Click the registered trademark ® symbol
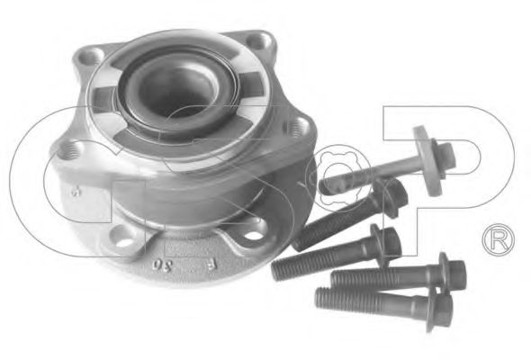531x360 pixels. coord(497,239)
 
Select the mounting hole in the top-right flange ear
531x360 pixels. coord(263,40)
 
